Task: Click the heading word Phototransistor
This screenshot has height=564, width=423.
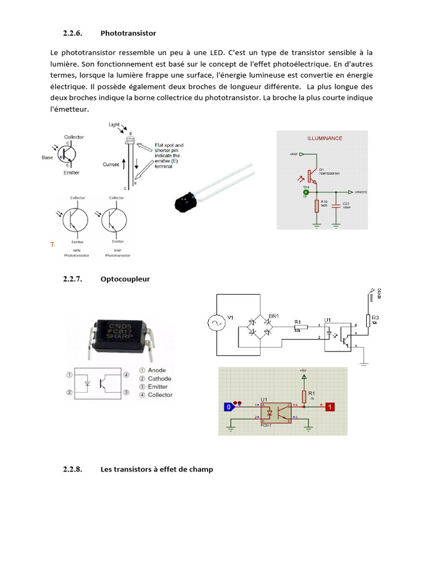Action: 128,33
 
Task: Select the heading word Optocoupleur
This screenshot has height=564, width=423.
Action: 125,279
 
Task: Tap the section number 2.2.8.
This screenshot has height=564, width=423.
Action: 72,469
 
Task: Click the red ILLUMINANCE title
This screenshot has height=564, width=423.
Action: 324,138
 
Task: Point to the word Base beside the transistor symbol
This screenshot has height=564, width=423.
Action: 48,158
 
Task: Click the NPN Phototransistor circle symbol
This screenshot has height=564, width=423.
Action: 74,219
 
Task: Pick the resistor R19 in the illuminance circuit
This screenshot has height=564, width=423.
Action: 317,206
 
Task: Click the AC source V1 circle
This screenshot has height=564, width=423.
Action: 215,322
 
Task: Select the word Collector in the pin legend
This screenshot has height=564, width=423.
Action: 160,395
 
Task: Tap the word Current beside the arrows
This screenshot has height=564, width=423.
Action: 111,165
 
